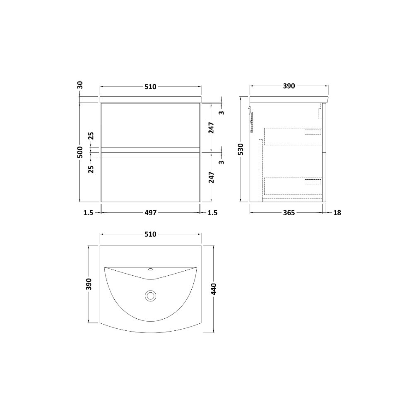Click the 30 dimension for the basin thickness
[x=80, y=85]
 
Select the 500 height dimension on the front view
[x=80, y=152]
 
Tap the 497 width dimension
[x=151, y=212]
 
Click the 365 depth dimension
[x=289, y=212]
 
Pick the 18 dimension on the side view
[x=337, y=212]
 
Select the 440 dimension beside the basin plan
[x=214, y=289]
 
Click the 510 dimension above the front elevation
[x=151, y=87]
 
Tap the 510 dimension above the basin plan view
[x=151, y=234]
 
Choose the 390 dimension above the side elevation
[x=289, y=86]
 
